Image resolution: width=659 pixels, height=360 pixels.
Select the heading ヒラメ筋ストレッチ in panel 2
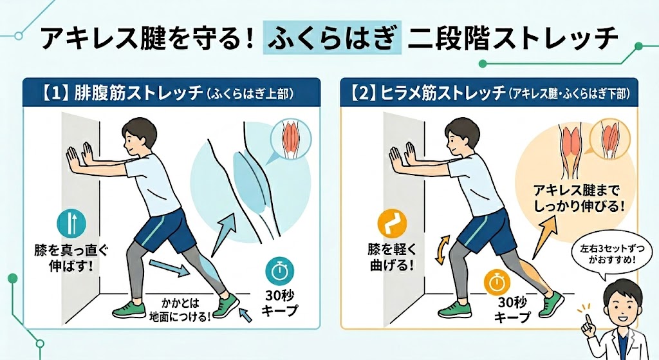tap(443, 93)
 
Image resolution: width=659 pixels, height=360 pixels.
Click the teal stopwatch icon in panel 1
tap(279, 271)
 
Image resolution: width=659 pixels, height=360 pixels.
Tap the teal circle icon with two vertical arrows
tap(71, 223)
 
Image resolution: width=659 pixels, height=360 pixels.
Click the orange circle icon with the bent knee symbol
tap(392, 223)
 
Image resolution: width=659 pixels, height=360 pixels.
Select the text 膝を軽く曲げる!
tap(392, 258)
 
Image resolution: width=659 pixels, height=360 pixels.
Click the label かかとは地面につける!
tap(180, 310)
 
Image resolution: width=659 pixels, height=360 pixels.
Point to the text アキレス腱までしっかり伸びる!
tap(579, 199)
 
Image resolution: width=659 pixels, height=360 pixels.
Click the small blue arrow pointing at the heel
tap(245, 314)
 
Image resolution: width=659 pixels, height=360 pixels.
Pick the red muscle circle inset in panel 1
tap(292, 137)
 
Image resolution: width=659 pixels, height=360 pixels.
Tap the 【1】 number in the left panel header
tap(55, 93)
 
